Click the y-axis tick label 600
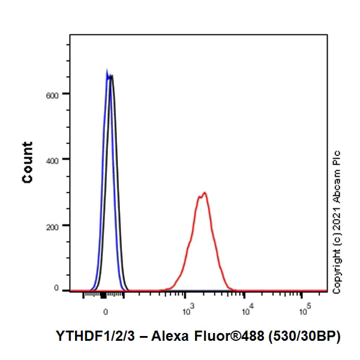coord(58,94)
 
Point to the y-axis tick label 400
coord(58,160)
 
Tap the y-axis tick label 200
coord(58,226)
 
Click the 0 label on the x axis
coord(106,312)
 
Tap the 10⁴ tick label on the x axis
coord(246,310)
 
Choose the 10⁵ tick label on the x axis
coord(304,310)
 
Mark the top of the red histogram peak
coord(205,193)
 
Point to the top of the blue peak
coord(107,70)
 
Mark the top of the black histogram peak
coord(111,76)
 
